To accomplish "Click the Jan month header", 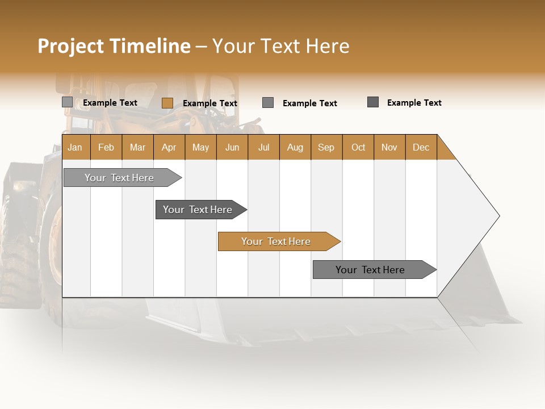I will tap(75, 147).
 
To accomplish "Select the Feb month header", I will tap(106, 147).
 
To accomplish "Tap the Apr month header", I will tap(169, 147).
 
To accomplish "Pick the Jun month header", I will tap(232, 147).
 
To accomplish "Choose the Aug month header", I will tap(295, 147).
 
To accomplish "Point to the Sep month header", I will tap(326, 147).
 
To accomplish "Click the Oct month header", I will tap(358, 147).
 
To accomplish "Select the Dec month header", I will tap(421, 147).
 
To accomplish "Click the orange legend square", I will tap(167, 103).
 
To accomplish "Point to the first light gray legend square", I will tap(67, 102).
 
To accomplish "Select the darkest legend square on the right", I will tap(373, 102).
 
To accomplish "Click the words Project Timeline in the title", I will tap(114, 46).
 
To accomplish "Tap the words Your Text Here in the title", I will tap(280, 46).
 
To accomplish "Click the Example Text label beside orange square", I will tap(209, 103).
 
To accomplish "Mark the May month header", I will tap(200, 147).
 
